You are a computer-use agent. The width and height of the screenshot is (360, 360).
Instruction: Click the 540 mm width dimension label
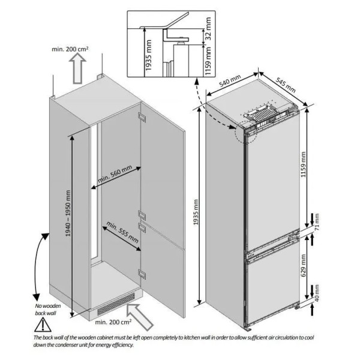230,81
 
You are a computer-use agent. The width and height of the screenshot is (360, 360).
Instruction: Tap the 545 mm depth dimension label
286,85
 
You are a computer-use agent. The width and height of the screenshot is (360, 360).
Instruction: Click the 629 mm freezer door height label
304,265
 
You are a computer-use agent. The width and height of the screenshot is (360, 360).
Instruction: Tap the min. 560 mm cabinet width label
115,174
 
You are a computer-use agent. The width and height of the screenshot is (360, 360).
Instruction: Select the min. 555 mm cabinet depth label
122,232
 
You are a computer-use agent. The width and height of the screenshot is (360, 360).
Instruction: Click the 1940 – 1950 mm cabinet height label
68,214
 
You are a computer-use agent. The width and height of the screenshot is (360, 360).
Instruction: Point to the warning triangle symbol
43,325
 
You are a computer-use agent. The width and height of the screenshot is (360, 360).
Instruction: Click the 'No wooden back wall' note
48,309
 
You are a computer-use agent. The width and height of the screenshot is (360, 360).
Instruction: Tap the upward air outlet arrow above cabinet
77,68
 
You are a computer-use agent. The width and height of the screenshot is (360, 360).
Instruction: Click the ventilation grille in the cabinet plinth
116,304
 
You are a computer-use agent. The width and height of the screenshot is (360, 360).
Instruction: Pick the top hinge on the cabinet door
142,117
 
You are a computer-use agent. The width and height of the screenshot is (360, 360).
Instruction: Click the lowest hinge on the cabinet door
142,274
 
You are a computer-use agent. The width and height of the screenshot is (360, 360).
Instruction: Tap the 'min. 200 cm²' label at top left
70,49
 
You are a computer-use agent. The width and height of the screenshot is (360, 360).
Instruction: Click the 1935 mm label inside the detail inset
149,55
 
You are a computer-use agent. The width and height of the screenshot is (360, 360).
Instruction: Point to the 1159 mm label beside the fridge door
303,164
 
